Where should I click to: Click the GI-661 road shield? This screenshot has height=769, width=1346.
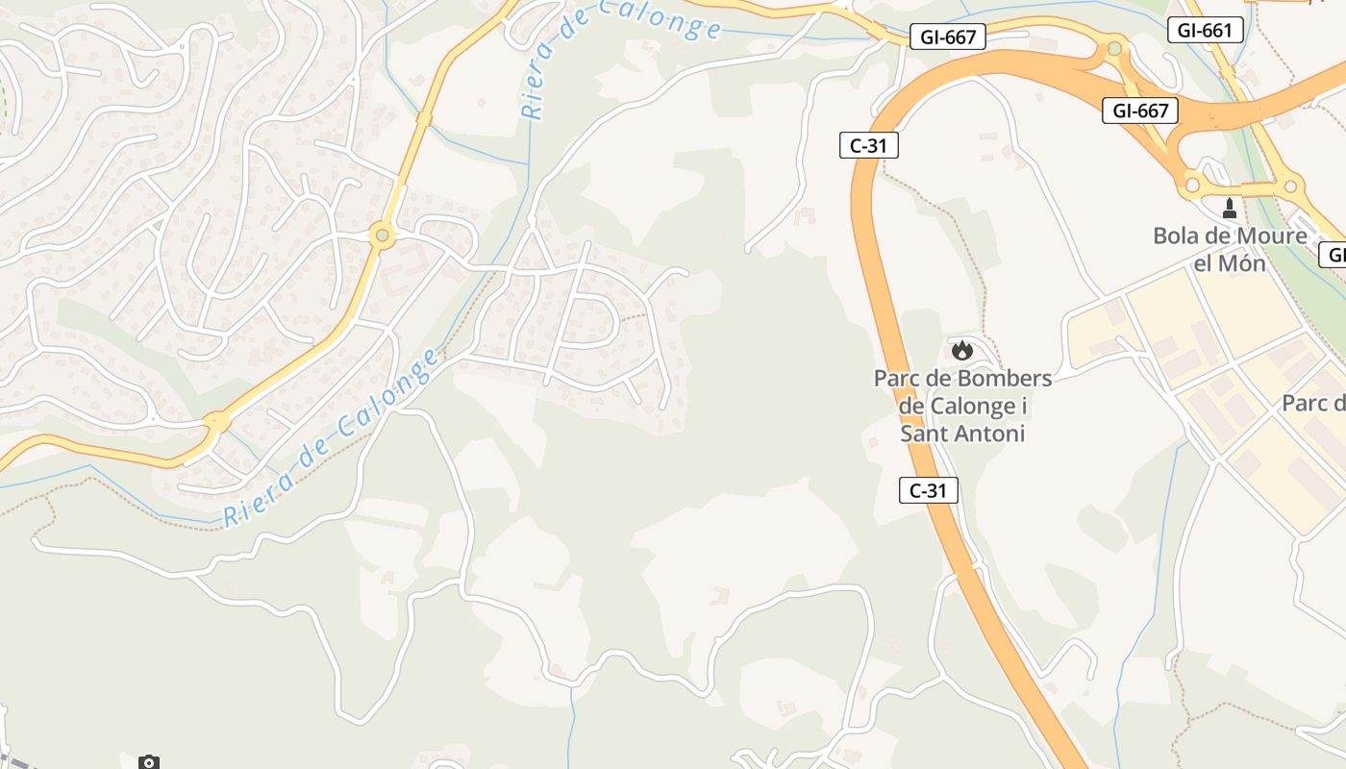pyautogui.click(x=1204, y=30)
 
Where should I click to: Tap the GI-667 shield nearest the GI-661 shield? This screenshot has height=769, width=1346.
pyautogui.click(x=1140, y=111)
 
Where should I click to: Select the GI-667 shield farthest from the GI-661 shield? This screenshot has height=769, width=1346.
pyautogui.click(x=948, y=37)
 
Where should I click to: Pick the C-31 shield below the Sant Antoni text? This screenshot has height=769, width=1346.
pyautogui.click(x=929, y=490)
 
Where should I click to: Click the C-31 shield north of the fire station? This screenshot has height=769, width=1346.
pyautogui.click(x=868, y=145)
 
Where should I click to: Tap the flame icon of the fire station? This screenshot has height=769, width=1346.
pyautogui.click(x=962, y=350)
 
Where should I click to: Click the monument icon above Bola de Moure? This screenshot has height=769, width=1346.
pyautogui.click(x=1229, y=208)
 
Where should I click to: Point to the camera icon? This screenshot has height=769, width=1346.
pyautogui.click(x=148, y=762)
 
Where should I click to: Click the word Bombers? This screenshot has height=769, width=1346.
pyautogui.click(x=1006, y=378)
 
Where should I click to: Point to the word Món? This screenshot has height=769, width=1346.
pyautogui.click(x=1242, y=262)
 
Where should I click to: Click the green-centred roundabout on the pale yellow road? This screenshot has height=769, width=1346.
pyautogui.click(x=383, y=235)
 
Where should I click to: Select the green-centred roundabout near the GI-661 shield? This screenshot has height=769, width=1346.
pyautogui.click(x=1114, y=47)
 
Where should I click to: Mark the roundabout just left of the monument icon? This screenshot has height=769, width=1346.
pyautogui.click(x=1192, y=184)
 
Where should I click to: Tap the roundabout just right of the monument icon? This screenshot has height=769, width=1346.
pyautogui.click(x=1290, y=186)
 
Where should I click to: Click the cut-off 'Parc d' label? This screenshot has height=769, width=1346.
pyautogui.click(x=1313, y=403)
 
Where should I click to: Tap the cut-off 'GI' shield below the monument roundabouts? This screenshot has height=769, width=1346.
pyautogui.click(x=1333, y=255)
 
